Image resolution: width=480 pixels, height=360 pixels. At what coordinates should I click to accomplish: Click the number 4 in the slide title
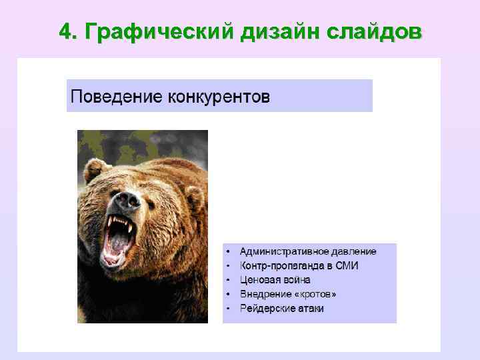65,31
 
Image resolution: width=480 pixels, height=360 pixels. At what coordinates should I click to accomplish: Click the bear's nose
125,199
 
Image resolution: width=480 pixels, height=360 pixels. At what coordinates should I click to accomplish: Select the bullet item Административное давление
308,251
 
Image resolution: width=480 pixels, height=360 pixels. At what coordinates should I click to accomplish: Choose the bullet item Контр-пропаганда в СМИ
299,265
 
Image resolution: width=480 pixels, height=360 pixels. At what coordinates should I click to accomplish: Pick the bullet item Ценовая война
275,280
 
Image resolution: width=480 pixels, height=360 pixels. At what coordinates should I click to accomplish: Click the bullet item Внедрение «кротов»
288,294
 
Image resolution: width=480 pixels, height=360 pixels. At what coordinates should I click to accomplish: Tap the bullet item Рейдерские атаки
282,309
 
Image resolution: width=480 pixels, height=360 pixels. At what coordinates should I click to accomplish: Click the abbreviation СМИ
347,265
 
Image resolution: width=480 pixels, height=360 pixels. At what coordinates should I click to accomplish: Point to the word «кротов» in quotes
314,294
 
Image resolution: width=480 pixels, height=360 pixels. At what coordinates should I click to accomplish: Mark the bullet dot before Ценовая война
228,280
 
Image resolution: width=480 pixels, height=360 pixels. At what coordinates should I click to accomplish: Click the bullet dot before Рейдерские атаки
228,309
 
